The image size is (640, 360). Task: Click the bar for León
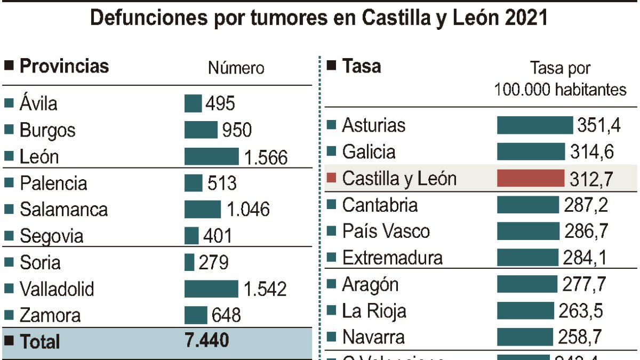pos(211,157)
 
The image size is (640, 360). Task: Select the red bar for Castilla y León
pos(530,178)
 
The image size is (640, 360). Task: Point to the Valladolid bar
pos(211,289)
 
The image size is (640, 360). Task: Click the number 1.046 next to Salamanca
pos(248,210)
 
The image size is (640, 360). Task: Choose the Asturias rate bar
pos(534,125)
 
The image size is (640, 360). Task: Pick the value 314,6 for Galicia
pos(591,152)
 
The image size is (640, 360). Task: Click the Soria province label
pos(40,263)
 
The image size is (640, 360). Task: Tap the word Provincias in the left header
pos(64,66)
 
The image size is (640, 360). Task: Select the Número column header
pos(236,68)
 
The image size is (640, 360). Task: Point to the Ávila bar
pos(193,103)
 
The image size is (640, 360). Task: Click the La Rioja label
pos(374,311)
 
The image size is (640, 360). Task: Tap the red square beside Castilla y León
pos(331,178)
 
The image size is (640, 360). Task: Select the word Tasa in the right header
pos(362,66)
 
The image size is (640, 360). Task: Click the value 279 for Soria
pos(213,263)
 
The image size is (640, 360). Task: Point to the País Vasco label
pos(386,231)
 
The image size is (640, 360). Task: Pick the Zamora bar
pos(196,315)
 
